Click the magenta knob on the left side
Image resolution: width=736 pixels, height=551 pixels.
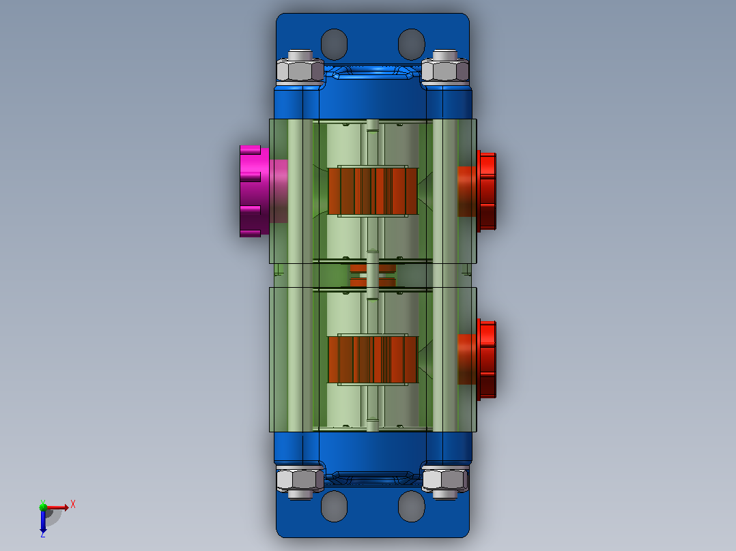click(x=255, y=192)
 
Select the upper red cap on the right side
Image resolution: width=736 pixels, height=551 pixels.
click(x=486, y=192)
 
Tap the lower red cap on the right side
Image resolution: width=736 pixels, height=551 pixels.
click(x=486, y=360)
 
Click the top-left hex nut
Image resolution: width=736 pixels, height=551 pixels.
click(x=300, y=71)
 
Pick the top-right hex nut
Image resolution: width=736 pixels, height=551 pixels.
click(x=445, y=71)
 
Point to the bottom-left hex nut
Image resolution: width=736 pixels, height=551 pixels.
click(x=300, y=479)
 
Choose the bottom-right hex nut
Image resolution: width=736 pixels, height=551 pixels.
click(x=445, y=479)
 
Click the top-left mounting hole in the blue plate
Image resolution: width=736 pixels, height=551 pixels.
click(x=335, y=44)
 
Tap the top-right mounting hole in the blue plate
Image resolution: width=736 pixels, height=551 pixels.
click(x=411, y=44)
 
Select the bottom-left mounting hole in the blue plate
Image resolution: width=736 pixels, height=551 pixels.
click(x=335, y=507)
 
